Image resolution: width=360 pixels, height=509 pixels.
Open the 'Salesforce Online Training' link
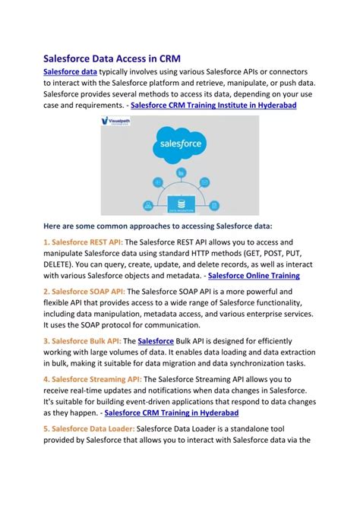click(254, 276)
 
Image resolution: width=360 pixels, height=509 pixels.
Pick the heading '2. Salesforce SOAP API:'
click(84, 290)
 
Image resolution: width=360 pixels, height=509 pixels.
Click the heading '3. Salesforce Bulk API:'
click(81, 342)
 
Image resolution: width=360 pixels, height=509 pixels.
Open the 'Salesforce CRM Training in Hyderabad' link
click(171, 413)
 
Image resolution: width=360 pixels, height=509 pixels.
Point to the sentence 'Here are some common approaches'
click(157, 226)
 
